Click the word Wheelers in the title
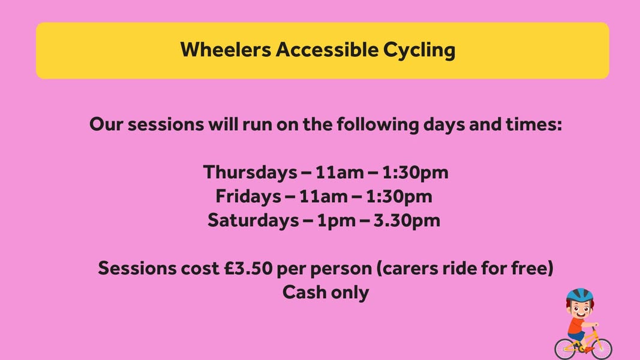point(226,50)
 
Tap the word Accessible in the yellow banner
point(327,50)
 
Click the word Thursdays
point(250,172)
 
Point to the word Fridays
point(248,196)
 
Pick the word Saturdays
point(253,220)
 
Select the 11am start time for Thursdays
point(339,173)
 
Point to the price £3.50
point(248,269)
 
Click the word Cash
point(304,292)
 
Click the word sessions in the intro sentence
point(166,125)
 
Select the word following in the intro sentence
point(377,125)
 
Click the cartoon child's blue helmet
point(579,295)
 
